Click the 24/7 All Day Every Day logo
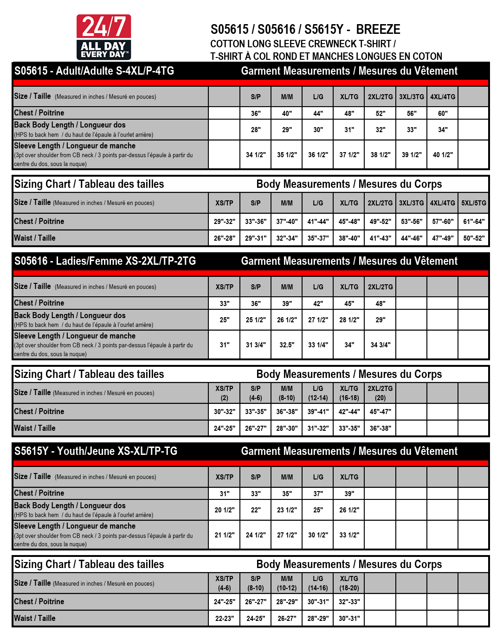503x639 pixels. point(103,37)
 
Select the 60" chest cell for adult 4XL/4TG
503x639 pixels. point(443,113)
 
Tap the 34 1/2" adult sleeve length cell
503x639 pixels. point(256,155)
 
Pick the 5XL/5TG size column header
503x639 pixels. point(474,203)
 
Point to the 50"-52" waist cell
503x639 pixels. point(474,238)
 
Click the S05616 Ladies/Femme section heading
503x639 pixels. point(105,261)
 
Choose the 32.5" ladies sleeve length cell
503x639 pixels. point(287,345)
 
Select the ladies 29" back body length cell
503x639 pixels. point(380,320)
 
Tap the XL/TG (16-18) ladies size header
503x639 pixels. point(349,393)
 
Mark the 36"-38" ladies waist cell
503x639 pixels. point(380,428)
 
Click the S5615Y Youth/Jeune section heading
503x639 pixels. point(96,451)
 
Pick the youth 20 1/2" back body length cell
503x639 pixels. point(225,510)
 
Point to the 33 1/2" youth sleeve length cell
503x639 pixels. point(349,535)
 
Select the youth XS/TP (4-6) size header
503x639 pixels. point(225,583)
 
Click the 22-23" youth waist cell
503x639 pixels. point(225,619)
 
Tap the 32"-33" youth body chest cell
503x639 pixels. point(349,602)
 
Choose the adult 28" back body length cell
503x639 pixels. point(256,130)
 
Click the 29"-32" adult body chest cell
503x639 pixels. point(225,222)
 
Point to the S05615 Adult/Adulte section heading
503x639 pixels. point(94,71)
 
